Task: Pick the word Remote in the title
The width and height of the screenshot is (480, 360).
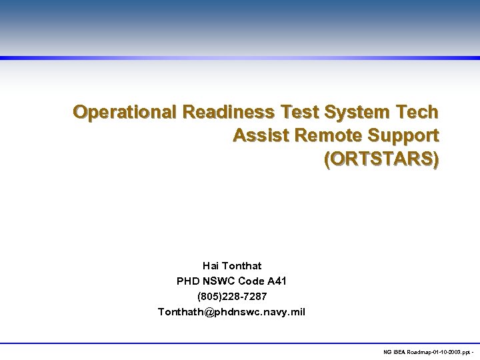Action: [321, 135]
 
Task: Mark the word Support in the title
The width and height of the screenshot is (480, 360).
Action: [401, 135]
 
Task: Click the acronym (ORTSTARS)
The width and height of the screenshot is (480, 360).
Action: [381, 160]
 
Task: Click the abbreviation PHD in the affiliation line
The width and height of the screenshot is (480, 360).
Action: [189, 281]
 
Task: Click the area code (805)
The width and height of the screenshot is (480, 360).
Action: [210, 296]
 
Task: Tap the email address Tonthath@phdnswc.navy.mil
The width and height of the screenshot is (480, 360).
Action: [231, 311]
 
